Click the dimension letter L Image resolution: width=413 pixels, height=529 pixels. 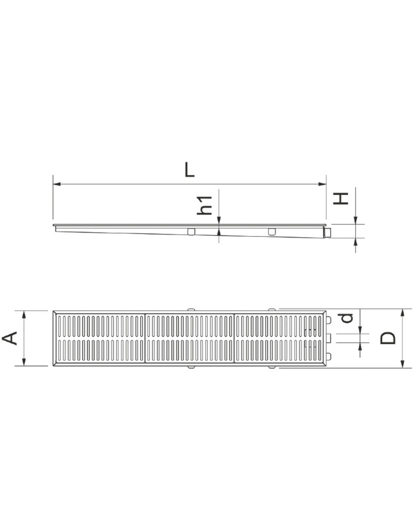click(190, 170)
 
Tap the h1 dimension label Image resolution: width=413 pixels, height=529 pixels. click(206, 205)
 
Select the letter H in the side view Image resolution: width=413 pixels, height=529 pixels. click(341, 198)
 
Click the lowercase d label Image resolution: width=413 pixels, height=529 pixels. click(347, 317)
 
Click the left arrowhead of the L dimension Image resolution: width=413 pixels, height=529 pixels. click(56, 183)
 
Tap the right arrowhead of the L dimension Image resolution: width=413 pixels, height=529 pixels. click(323, 183)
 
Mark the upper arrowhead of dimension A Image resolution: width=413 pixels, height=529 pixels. click(24, 314)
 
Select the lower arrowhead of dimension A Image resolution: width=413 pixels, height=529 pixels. click(24, 363)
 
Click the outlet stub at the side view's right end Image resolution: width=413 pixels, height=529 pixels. click(327, 234)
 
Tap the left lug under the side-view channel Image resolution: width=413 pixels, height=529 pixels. click(192, 231)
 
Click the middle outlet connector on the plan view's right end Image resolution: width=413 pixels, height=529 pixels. click(328, 338)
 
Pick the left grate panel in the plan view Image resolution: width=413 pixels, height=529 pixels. click(100, 338)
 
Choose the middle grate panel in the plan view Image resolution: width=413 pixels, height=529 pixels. click(190, 338)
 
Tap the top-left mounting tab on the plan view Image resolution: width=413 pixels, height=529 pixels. click(191, 309)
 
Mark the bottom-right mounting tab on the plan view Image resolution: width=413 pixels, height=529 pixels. click(272, 368)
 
